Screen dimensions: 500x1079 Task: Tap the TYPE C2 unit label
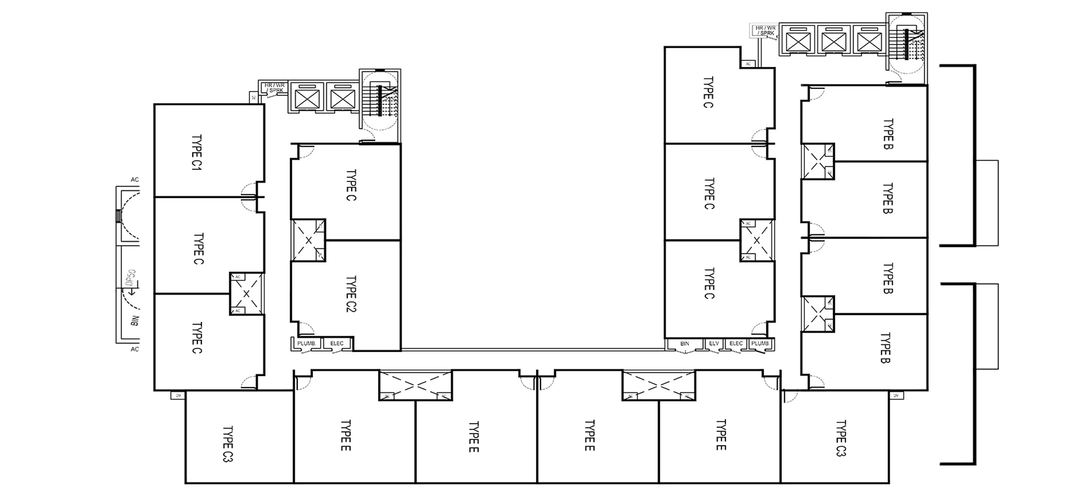tap(351, 294)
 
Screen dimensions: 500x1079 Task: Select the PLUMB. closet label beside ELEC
tap(306, 343)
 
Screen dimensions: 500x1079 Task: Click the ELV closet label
tap(714, 343)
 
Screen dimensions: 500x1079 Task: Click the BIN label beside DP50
tap(134, 320)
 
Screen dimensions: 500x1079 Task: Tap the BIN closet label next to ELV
tap(685, 343)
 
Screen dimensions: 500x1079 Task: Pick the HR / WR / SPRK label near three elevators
tap(765, 31)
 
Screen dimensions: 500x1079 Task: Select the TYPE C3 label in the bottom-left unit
tap(228, 443)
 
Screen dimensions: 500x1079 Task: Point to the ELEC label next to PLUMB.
tap(337, 343)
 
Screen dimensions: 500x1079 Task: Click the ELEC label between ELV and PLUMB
tap(736, 343)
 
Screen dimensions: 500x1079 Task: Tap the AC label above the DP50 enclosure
tap(134, 179)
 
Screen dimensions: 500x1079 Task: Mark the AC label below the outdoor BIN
tap(134, 349)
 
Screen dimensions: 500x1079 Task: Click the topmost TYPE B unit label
tap(888, 134)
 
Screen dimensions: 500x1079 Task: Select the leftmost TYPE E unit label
tap(346, 435)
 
